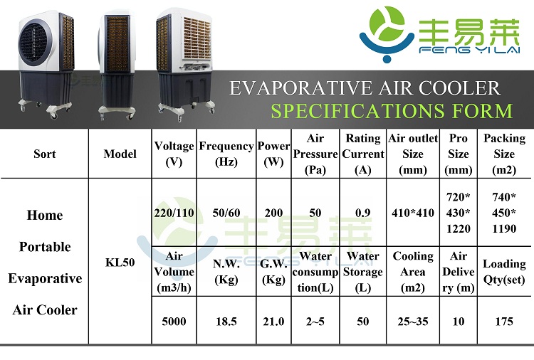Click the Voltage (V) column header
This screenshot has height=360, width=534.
click(x=174, y=154)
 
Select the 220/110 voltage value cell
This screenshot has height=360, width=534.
click(x=174, y=213)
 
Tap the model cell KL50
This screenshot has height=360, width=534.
click(x=120, y=263)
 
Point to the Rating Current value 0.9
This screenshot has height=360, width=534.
click(x=362, y=213)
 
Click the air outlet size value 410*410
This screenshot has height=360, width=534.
click(x=413, y=213)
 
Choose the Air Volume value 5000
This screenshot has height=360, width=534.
click(x=174, y=322)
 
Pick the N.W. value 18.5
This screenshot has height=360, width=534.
click(x=226, y=322)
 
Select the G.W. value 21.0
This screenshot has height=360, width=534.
click(x=273, y=322)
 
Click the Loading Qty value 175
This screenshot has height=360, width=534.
click(x=504, y=322)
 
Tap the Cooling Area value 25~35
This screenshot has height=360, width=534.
click(x=413, y=322)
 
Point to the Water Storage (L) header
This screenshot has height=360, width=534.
click(x=362, y=272)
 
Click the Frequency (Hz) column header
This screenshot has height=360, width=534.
click(x=226, y=154)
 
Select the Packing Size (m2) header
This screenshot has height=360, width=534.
click(x=504, y=154)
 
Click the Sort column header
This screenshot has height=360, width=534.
click(x=45, y=154)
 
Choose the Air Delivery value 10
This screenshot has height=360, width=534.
click(x=458, y=322)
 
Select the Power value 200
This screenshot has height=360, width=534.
click(x=273, y=213)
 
